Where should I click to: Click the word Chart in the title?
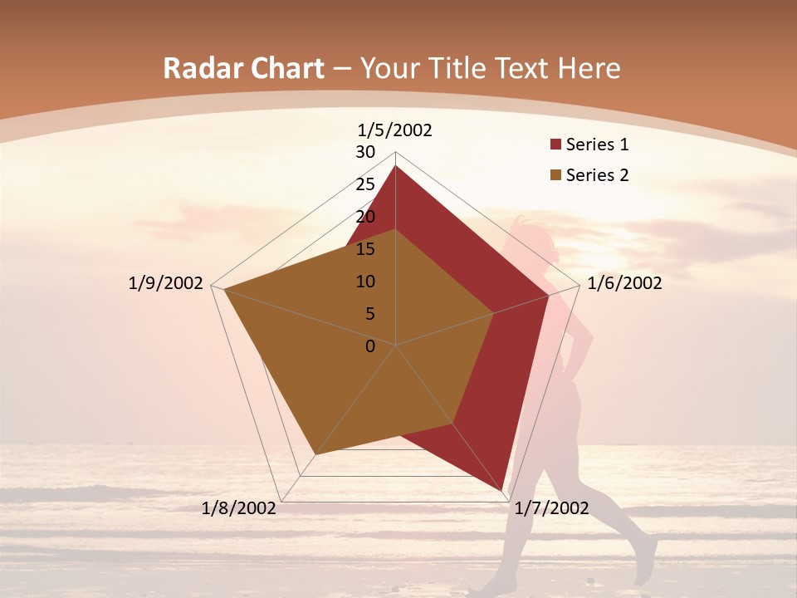tap(281, 68)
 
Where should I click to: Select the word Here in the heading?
tap(589, 68)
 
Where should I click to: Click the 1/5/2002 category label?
tap(395, 130)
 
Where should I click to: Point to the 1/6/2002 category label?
tap(624, 284)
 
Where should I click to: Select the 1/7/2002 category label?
tap(551, 508)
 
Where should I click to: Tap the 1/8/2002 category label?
tap(239, 508)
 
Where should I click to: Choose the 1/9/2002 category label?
tap(166, 284)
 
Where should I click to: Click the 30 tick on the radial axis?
tap(365, 152)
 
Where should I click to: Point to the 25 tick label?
tap(365, 184)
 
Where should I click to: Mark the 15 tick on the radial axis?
tap(365, 249)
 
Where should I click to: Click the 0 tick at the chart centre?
tap(370, 346)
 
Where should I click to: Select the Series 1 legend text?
tap(597, 145)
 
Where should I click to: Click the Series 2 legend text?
tap(597, 175)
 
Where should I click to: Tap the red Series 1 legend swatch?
tap(555, 145)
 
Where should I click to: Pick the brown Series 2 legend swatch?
tap(555, 175)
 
